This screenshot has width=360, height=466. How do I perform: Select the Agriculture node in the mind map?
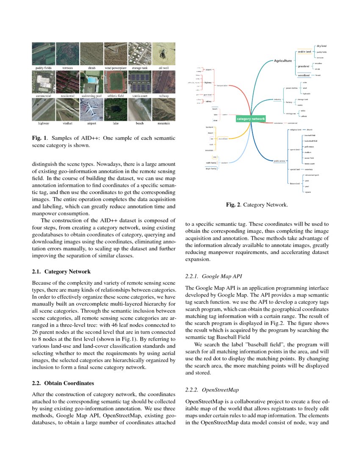click(282, 61)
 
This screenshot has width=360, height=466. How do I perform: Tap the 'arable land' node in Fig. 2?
click(304, 52)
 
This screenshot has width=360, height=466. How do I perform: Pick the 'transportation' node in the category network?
click(222, 86)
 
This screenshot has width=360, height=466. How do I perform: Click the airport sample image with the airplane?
click(91, 110)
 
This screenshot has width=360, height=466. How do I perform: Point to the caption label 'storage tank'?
click(140, 67)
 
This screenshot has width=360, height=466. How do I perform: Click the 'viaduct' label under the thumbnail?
click(67, 123)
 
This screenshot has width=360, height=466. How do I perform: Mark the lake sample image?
click(116, 110)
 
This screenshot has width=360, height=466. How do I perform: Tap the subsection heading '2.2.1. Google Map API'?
click(213, 276)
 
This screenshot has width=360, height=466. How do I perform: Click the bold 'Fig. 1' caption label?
click(39, 138)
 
